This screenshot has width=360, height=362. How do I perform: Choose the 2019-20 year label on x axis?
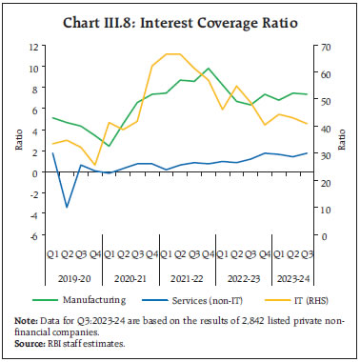[74, 276]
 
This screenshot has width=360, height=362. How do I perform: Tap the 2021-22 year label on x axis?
[179, 276]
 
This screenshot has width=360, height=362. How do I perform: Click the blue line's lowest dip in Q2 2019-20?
[66, 207]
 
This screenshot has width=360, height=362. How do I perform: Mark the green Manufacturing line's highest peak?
[208, 69]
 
